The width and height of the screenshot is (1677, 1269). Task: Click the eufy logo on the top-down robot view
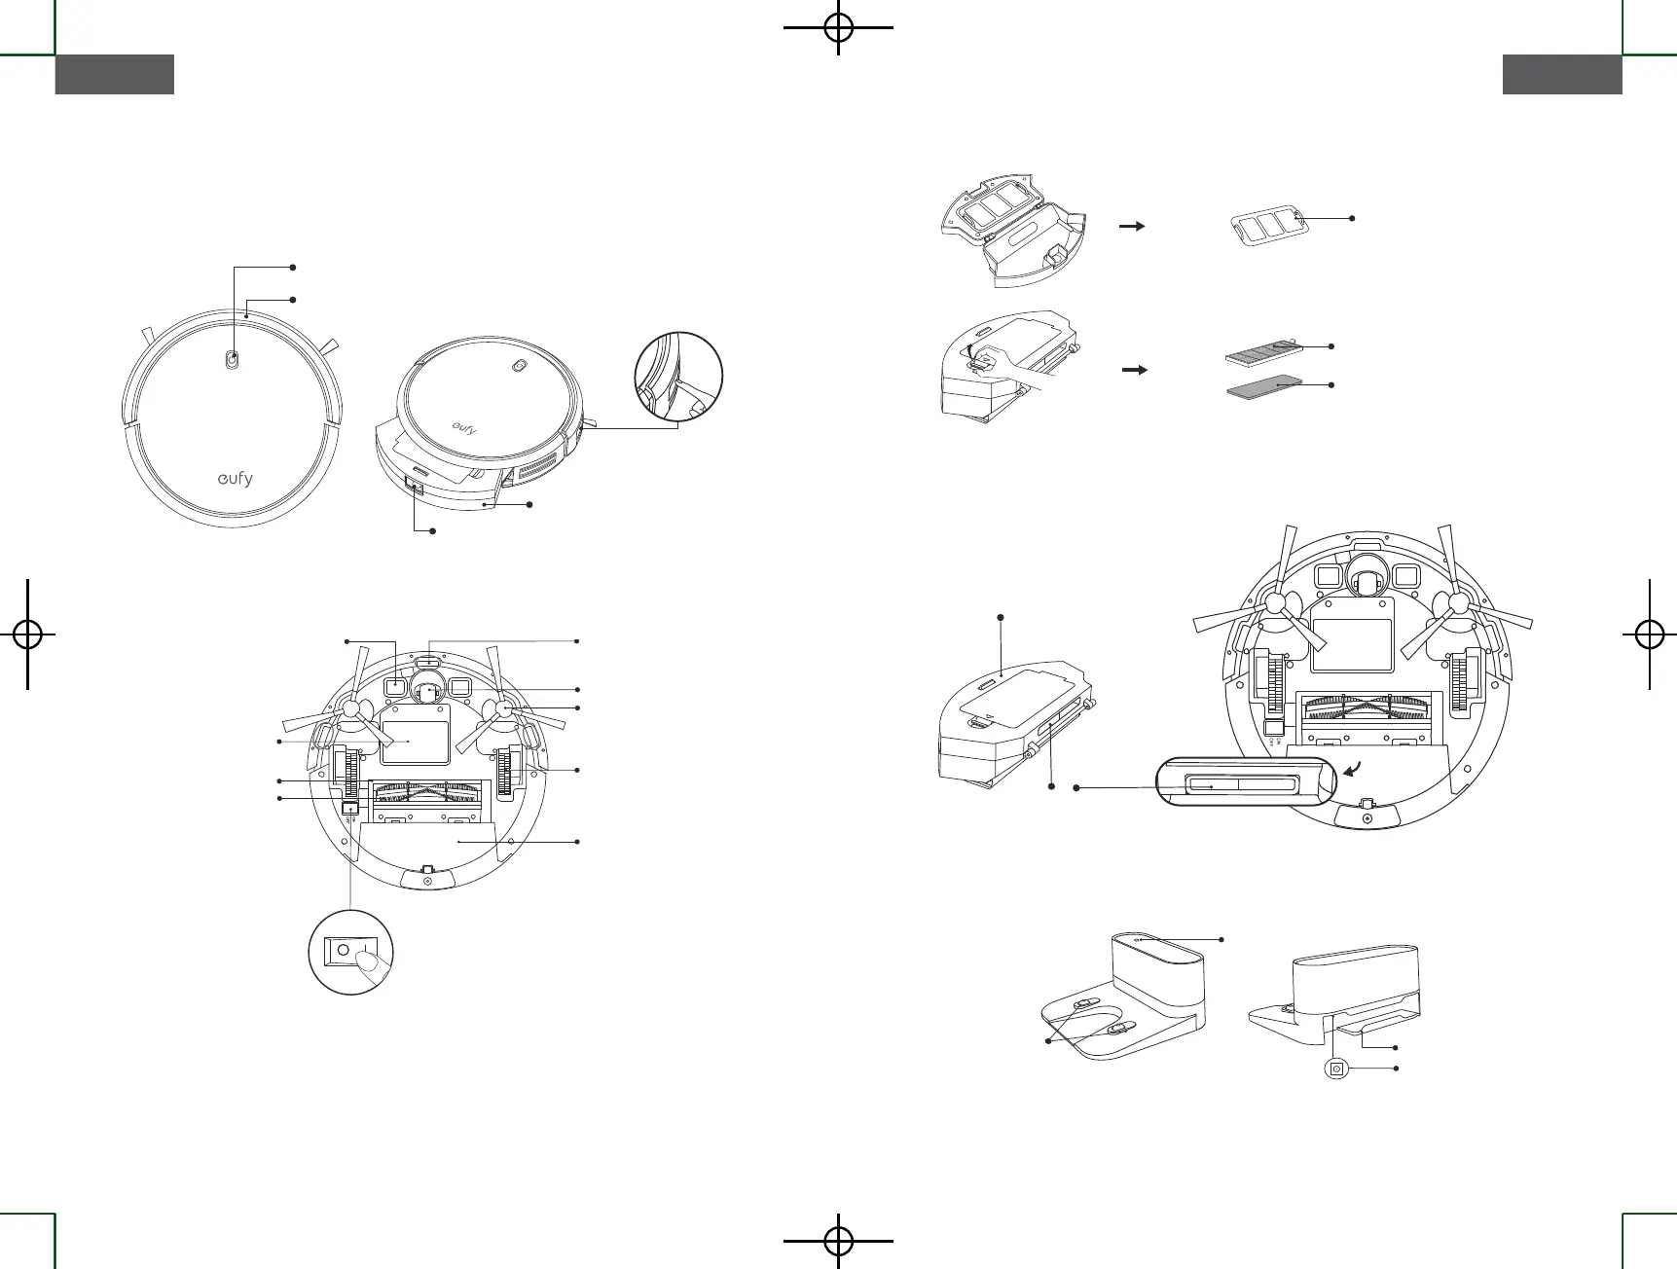(234, 479)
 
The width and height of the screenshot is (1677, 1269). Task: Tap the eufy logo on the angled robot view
(463, 428)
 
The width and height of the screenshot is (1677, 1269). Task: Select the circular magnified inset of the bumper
(678, 377)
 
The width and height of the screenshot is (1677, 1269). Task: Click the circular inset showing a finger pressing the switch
(350, 952)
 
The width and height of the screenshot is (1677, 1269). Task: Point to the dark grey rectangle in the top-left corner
(115, 75)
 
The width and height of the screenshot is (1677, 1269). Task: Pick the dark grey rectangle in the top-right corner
(1562, 75)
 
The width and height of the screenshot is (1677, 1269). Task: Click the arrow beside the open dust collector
(1132, 225)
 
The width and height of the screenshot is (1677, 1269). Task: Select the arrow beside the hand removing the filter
(1134, 370)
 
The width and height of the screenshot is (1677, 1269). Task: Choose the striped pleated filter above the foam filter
(1262, 349)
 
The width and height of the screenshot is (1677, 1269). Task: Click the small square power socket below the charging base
(1336, 1069)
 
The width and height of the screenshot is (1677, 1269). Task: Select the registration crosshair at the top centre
(838, 27)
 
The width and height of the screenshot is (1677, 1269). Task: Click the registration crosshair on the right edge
(1649, 634)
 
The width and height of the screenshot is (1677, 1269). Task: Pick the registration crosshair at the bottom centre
(838, 1240)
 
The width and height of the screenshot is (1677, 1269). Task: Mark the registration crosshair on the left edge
(27, 634)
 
